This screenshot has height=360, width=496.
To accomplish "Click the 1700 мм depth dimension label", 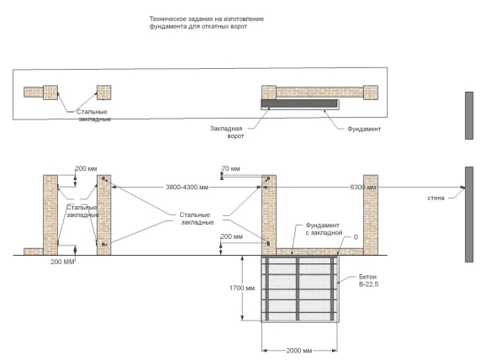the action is tap(242, 289).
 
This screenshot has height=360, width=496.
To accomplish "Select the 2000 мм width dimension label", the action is tap(299, 351).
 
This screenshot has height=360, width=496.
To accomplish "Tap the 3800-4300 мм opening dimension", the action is tap(187, 187).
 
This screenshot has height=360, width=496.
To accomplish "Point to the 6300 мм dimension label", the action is tap(363, 187).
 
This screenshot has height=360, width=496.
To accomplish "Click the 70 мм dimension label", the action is tap(231, 169).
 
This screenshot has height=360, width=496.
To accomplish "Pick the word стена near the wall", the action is tap(436, 199).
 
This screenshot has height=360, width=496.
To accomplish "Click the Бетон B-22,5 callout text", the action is tap(368, 281).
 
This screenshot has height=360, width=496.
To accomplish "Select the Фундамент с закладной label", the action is tap(324, 229).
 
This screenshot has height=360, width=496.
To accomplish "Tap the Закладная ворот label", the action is tap(227, 132).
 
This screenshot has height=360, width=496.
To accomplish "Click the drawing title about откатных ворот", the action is tap(207, 23).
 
